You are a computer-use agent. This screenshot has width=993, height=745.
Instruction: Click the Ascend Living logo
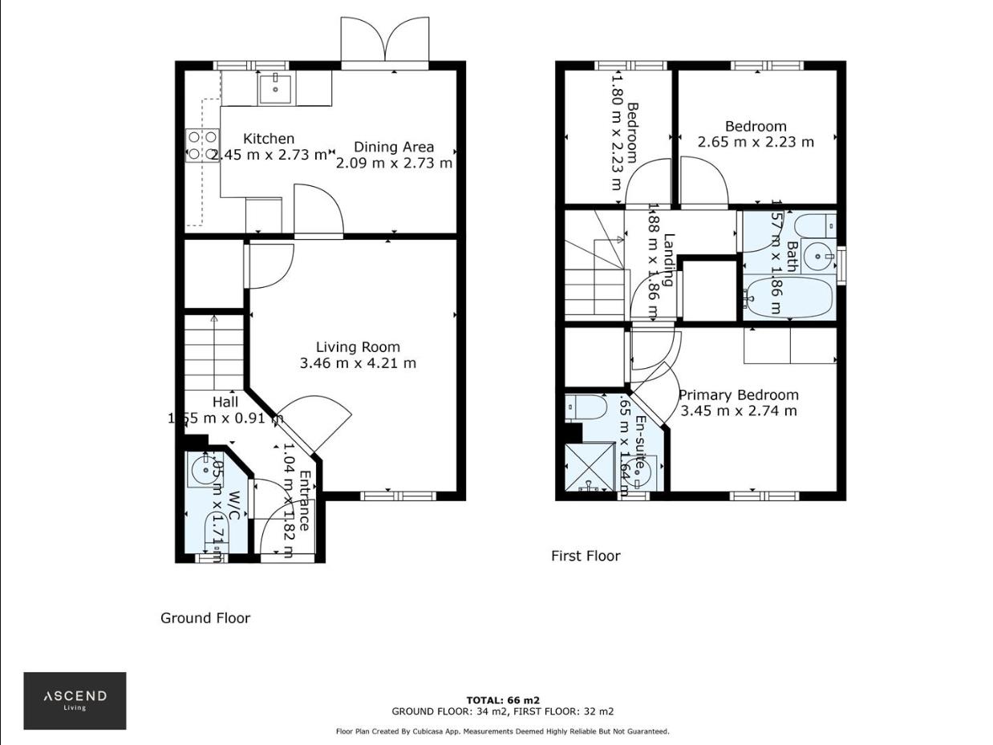point(75,700)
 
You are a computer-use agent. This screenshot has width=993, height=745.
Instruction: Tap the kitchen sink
point(276,87)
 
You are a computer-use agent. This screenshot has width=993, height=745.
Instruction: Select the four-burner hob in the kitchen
point(202,145)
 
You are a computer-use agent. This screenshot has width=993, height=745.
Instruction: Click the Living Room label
point(358,347)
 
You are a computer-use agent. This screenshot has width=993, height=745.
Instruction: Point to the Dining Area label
point(394,147)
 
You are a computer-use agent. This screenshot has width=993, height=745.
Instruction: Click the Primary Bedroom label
point(738,395)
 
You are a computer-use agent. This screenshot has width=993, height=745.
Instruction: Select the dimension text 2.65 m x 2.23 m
point(756,142)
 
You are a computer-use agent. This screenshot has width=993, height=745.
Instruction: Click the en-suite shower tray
point(590,468)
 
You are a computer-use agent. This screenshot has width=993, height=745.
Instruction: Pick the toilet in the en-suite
point(587,407)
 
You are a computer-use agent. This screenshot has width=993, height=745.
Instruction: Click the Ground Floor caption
point(205,617)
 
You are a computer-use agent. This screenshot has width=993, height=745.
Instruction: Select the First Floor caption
point(586,556)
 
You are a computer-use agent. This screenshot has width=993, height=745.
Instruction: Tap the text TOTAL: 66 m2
point(503,700)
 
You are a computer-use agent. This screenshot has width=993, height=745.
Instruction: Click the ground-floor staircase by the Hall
point(214,353)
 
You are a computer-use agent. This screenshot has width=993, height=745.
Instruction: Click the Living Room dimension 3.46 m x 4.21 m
point(358,363)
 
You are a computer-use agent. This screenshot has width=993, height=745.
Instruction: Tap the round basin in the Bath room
point(818,257)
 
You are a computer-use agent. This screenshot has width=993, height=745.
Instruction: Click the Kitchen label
point(269,139)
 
